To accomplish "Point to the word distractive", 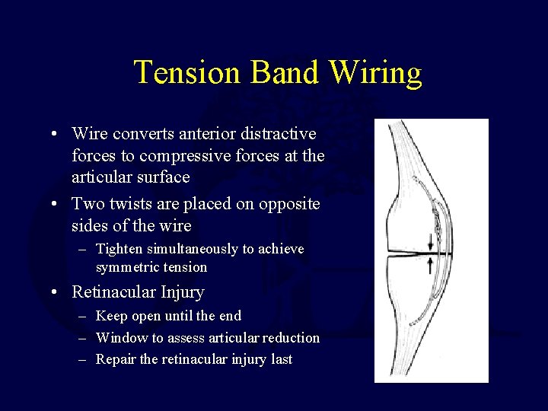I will tap(278, 134).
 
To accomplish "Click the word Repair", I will tap(116, 359).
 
